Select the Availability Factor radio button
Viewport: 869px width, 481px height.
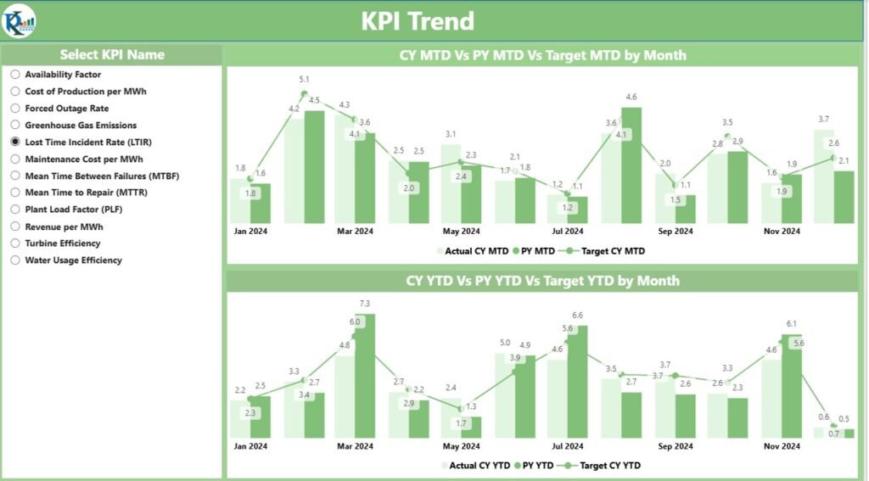point(15,75)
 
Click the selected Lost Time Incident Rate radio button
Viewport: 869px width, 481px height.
point(15,143)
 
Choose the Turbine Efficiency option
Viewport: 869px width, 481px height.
point(15,243)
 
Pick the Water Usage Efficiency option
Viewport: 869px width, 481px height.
point(15,260)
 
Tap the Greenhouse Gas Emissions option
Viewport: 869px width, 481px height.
point(15,126)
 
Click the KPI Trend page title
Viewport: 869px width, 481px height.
point(418,21)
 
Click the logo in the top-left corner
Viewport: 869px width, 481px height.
point(20,20)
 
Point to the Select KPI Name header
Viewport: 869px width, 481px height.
point(112,54)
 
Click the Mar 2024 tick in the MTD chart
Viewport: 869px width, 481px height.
point(355,231)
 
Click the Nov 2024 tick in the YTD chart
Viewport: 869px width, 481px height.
point(781,445)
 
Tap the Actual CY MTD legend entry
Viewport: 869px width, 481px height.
point(472,250)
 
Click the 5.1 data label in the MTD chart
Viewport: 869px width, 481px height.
point(304,80)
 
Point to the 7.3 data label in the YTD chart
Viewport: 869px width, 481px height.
point(365,303)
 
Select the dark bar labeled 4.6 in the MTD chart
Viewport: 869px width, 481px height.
point(631,165)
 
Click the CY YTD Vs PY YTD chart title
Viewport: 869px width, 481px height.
point(542,281)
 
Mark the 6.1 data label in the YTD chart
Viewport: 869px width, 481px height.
point(791,324)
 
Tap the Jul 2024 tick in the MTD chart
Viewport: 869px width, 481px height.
point(568,231)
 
